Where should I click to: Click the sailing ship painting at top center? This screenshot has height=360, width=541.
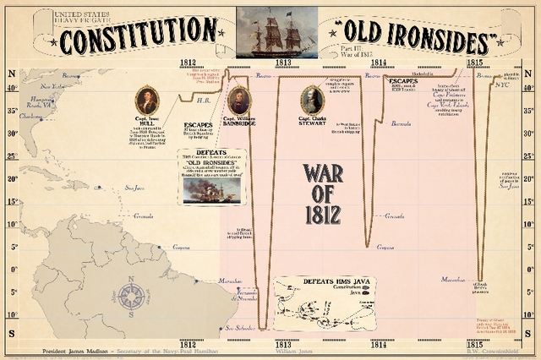276,32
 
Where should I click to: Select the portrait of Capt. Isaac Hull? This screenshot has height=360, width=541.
146,100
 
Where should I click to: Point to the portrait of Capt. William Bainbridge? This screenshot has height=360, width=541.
239,100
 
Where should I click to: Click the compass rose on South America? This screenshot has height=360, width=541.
131,295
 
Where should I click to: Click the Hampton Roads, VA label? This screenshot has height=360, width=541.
41,102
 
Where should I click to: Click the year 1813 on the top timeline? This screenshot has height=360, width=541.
282,62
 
